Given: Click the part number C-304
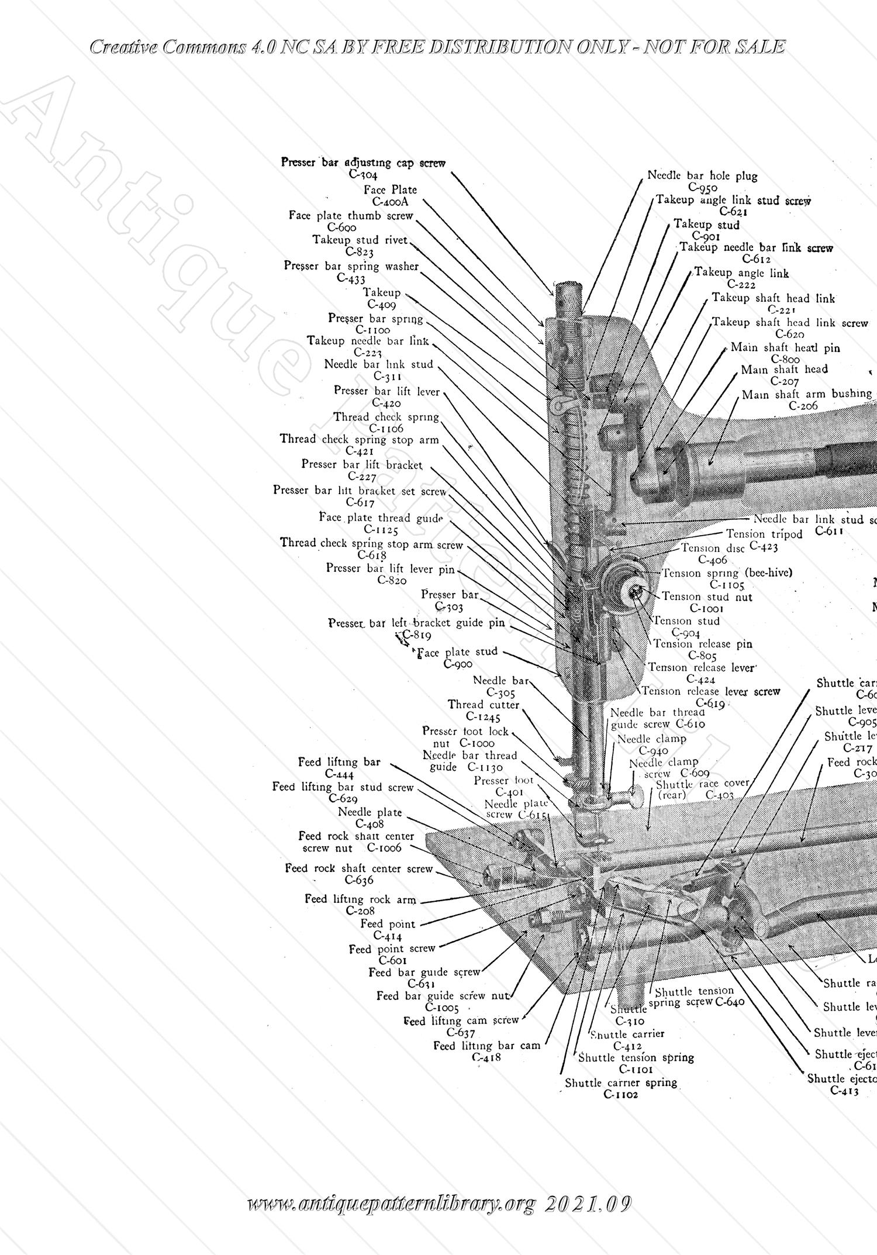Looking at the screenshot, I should (362, 175).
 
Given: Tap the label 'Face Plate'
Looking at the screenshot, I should (390, 189).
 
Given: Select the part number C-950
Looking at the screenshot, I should (702, 188).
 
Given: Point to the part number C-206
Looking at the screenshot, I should (803, 406).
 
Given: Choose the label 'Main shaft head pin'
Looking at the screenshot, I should (785, 347).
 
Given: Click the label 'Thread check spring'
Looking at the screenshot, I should (386, 417).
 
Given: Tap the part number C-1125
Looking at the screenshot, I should (381, 530).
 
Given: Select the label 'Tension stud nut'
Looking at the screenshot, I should (707, 597).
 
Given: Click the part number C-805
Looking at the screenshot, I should (702, 656).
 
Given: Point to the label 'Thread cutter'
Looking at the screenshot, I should (484, 705).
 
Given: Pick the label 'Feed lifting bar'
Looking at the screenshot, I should (339, 762).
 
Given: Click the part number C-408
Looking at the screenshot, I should (370, 824).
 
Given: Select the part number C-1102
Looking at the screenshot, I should (620, 1094).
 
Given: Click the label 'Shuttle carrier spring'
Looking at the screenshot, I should (621, 1082).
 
